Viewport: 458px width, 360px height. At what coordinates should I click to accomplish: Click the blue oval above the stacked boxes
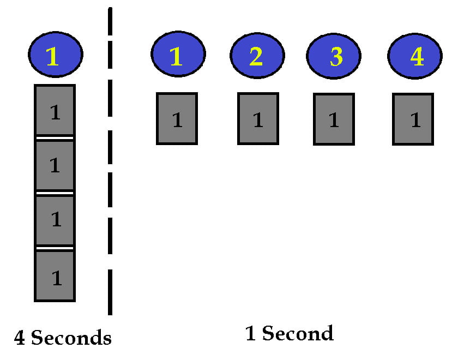pyautogui.click(x=56, y=55)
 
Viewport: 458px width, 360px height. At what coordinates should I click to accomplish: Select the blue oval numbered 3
pyautogui.click(x=333, y=57)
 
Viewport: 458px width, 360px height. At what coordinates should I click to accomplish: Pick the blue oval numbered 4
pyautogui.click(x=415, y=56)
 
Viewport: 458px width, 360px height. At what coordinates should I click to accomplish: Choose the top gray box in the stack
pyautogui.click(x=55, y=111)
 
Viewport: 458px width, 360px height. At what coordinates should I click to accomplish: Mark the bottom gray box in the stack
pyautogui.click(x=55, y=276)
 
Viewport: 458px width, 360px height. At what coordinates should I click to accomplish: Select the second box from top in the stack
pyautogui.click(x=55, y=165)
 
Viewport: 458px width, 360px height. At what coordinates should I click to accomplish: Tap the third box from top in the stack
pyautogui.click(x=55, y=220)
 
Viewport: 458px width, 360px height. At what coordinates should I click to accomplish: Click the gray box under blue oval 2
pyautogui.click(x=258, y=119)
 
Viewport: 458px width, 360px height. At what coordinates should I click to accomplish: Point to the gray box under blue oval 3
pyautogui.click(x=334, y=119)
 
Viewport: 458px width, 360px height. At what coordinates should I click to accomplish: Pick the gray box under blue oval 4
pyautogui.click(x=413, y=119)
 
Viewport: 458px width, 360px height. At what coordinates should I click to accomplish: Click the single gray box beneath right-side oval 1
pyautogui.click(x=177, y=119)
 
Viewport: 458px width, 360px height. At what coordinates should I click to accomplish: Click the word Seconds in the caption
pyautogui.click(x=71, y=338)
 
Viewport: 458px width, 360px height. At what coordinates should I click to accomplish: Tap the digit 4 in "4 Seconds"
pyautogui.click(x=20, y=339)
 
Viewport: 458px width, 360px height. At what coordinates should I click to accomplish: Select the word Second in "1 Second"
pyautogui.click(x=297, y=333)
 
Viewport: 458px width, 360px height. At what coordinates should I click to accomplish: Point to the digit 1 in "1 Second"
pyautogui.click(x=251, y=334)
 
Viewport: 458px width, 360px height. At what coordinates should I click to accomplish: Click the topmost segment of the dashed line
pyautogui.click(x=110, y=22)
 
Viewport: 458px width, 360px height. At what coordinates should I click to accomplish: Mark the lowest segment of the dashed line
pyautogui.click(x=110, y=292)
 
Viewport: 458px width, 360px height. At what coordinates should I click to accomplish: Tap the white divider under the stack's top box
pyautogui.click(x=55, y=138)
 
